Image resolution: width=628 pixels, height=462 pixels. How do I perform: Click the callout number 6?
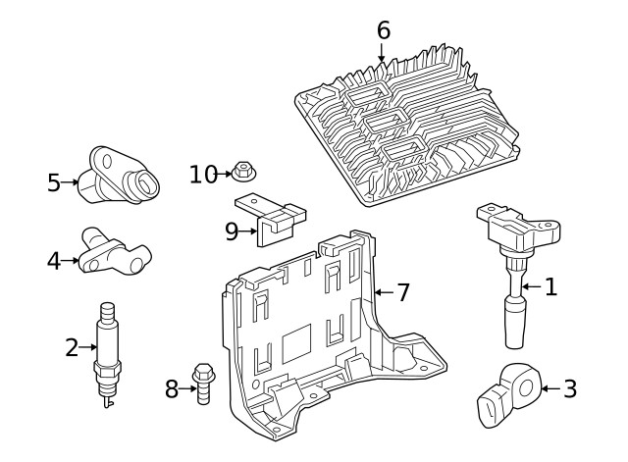(383, 30)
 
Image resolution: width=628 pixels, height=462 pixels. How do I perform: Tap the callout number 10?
(203, 175)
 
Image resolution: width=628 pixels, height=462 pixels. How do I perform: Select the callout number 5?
(54, 182)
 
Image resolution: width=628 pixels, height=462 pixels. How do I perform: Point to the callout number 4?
(54, 261)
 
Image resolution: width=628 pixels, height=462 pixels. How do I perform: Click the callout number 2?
(71, 346)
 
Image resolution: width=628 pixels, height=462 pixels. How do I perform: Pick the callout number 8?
(172, 389)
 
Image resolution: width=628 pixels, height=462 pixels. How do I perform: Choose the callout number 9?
(232, 231)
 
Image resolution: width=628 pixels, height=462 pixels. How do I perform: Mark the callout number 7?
(402, 292)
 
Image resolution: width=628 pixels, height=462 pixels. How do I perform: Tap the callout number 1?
(550, 286)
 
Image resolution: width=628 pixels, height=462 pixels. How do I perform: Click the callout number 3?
(569, 389)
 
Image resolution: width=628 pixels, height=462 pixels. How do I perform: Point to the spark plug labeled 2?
(108, 353)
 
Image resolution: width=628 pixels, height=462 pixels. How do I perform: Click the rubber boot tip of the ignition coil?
(517, 325)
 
